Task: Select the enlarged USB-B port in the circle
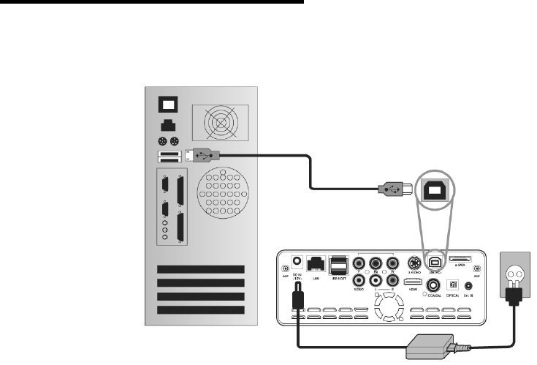click(x=434, y=188)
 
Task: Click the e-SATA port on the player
click(x=461, y=260)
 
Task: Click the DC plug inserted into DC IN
click(x=298, y=297)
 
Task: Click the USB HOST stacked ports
click(x=340, y=265)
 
